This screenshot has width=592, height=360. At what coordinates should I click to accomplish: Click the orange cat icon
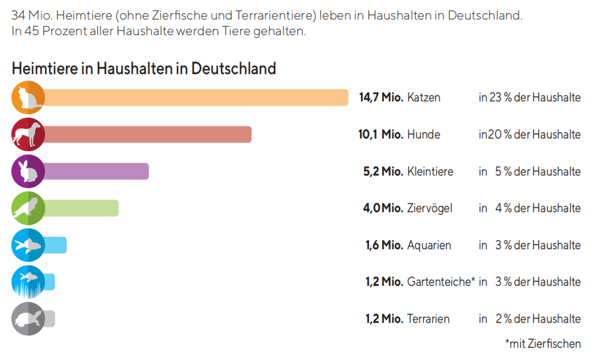pos(28,98)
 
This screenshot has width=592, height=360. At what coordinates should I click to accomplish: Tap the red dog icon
pos(28,134)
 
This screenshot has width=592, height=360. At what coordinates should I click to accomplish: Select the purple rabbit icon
pos(28,172)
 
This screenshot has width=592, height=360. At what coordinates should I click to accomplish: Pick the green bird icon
pos(28,208)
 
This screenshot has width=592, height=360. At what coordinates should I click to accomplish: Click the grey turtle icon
pos(28,318)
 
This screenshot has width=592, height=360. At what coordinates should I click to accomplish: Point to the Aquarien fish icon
pos(28,245)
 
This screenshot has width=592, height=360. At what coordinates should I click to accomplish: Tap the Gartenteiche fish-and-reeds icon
pos(28,282)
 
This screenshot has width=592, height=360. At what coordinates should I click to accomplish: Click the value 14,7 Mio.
pos(381,98)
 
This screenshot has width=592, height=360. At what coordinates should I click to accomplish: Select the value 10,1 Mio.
pos(377,134)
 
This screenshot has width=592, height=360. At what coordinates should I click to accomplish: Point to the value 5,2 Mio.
pos(383,172)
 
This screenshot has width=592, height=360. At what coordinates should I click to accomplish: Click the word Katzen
pos(424,98)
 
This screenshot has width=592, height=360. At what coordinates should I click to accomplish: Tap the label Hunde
pos(424,134)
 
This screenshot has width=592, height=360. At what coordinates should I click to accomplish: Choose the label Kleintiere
pos(430,172)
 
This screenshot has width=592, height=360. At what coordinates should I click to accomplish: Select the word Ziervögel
pos(430,208)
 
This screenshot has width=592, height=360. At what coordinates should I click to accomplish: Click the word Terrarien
pos(428,318)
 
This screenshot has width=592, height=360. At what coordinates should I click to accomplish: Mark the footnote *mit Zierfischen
pos(543,344)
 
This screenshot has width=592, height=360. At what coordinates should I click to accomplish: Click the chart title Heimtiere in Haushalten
pos(144,68)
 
